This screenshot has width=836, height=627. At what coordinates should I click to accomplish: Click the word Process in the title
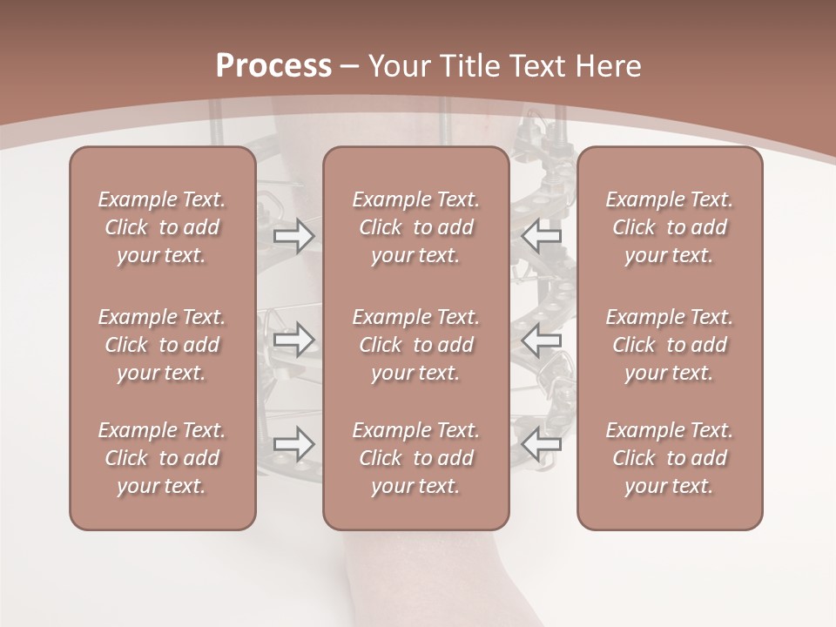273,66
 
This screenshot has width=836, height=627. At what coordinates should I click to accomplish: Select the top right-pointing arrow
294,235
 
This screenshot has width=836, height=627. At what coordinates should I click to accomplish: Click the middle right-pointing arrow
294,340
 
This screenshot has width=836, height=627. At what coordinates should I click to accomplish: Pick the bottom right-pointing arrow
294,444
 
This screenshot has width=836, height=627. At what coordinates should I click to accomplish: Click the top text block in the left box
162,227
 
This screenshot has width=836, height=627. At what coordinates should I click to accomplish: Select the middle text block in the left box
162,345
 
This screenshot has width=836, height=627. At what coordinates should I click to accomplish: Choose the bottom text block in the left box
162,458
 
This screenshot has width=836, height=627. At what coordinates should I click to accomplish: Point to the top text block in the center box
416,227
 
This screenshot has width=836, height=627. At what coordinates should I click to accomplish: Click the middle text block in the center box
416,345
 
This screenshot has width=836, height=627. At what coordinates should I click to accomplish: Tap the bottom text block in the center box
416,458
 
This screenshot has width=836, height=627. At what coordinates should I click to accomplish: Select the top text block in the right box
670,227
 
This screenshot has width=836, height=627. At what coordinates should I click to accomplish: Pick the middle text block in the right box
670,345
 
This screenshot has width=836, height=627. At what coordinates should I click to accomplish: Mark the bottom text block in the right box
670,458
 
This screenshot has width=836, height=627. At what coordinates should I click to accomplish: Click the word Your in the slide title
399,66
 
